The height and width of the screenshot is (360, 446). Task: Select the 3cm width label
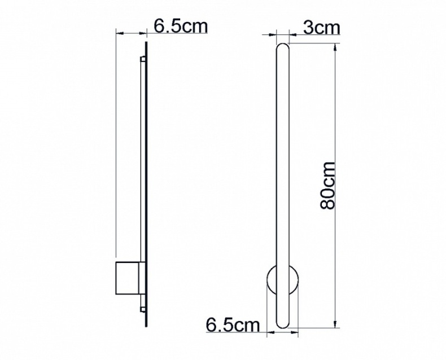tap(321, 28)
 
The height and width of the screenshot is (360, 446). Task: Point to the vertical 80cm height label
tap(328, 185)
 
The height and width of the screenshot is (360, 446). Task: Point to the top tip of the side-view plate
tap(147, 43)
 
